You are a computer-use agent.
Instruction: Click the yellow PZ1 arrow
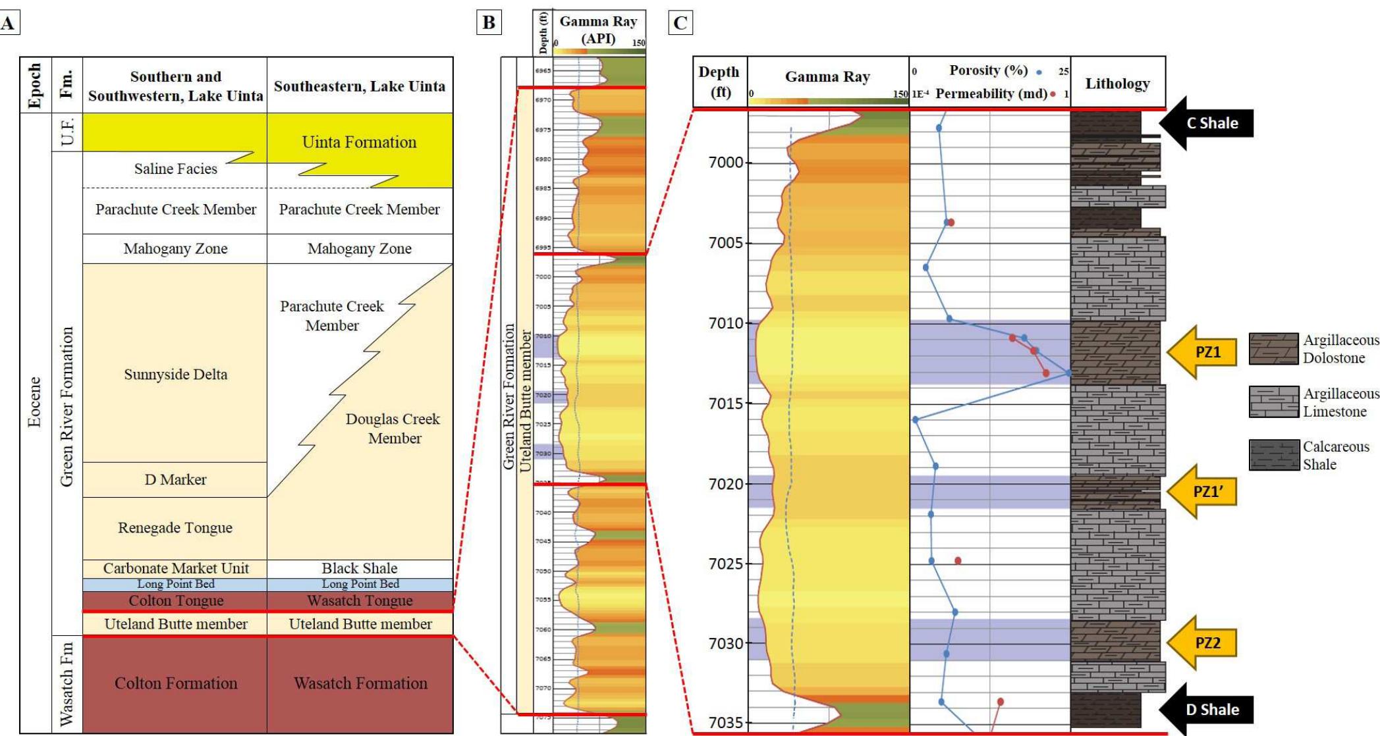[1203, 352]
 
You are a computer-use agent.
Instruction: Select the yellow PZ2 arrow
[1203, 643]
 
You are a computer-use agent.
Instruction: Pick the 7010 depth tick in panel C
[726, 323]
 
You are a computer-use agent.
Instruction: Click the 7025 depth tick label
[726, 564]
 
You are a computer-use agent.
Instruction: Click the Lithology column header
[1118, 84]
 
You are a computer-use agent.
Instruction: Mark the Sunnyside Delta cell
[175, 375]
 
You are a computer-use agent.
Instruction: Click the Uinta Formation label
[359, 142]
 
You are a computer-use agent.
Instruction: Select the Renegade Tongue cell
[175, 528]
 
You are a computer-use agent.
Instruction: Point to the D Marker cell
[175, 480]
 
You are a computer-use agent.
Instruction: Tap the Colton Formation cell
[176, 683]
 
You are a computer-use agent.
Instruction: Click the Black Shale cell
[360, 568]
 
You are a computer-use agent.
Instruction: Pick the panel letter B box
[489, 23]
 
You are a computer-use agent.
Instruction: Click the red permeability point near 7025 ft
[958, 561]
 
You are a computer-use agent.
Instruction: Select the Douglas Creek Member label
[393, 429]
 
